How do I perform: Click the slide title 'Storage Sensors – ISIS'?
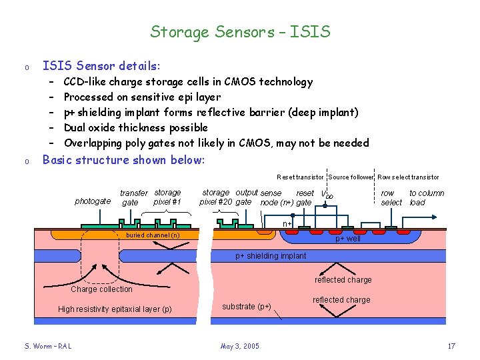[x=240, y=31]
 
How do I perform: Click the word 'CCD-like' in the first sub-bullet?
[x=84, y=82]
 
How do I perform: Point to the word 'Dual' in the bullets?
[x=76, y=127]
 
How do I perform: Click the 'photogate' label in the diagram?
[x=93, y=201]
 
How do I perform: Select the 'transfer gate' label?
[x=133, y=198]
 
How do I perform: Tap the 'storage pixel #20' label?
[x=215, y=197]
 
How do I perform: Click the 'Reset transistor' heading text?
[x=300, y=177]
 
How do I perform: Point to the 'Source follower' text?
[x=351, y=177]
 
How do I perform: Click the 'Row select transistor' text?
[x=408, y=177]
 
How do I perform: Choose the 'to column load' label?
[x=426, y=198]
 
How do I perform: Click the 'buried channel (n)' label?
[x=153, y=235]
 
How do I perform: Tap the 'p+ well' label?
[x=347, y=239]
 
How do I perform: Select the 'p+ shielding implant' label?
[x=271, y=256]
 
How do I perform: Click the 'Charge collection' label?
[x=101, y=289]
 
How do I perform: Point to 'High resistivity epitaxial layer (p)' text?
[x=115, y=309]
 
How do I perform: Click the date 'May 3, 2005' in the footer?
[x=239, y=346]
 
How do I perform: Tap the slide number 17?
[x=451, y=346]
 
